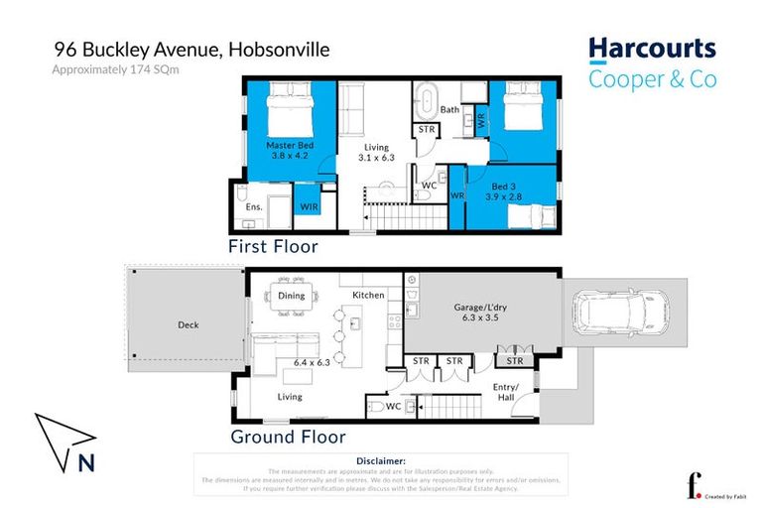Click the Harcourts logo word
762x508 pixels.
(651, 49)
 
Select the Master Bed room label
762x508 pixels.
(288, 146)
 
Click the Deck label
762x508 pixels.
(189, 324)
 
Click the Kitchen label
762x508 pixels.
(368, 296)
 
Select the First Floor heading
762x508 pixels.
(273, 247)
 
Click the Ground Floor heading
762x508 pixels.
(288, 437)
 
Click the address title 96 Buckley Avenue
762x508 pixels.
(191, 49)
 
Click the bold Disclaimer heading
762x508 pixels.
(380, 461)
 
